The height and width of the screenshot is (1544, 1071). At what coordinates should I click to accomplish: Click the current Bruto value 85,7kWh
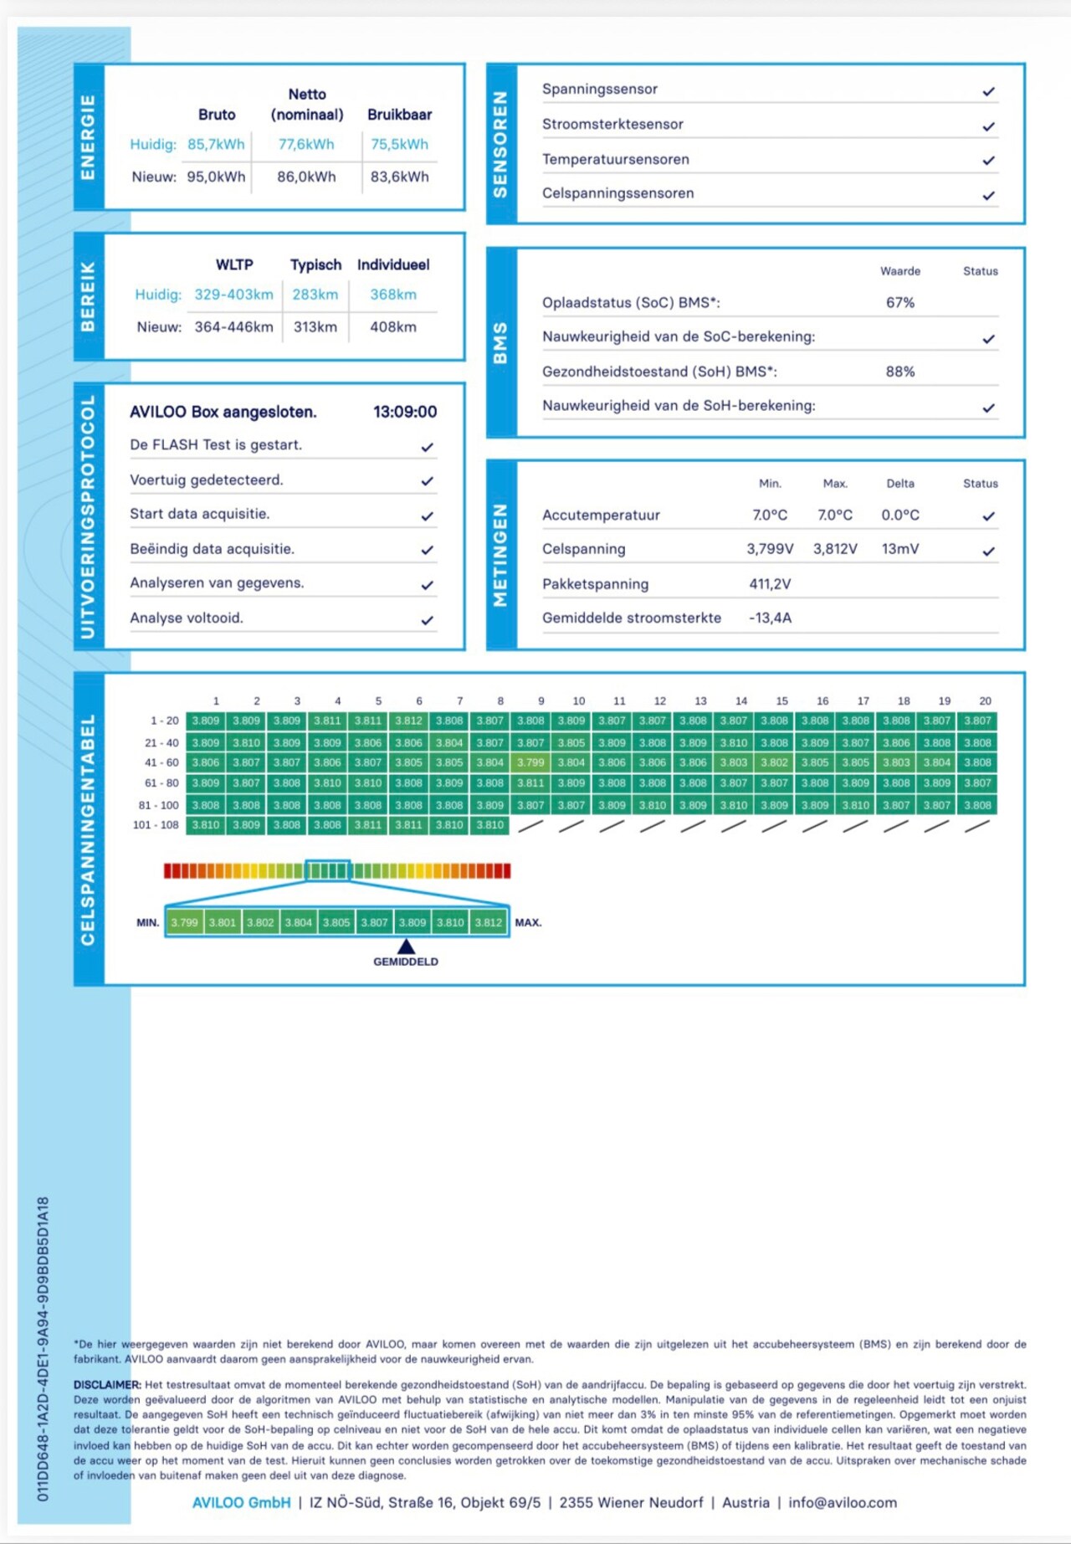point(216,144)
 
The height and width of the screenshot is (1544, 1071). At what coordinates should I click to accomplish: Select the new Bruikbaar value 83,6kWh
point(399,177)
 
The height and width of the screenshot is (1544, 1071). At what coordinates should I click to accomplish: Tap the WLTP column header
point(234,264)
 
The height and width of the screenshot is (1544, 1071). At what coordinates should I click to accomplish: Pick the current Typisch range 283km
point(315,295)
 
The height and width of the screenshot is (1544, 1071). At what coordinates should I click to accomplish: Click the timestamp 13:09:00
point(405,412)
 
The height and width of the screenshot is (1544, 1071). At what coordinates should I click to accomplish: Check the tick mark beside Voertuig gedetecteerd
point(427,481)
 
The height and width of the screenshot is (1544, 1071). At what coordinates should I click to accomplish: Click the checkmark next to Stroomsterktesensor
point(988,126)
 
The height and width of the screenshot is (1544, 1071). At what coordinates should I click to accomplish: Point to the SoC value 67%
point(900,302)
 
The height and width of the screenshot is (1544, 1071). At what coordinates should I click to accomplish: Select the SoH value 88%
point(900,372)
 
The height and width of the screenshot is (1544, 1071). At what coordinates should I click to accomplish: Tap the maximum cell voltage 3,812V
point(835,549)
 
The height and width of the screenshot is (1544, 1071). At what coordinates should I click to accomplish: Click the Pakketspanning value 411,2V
point(770,584)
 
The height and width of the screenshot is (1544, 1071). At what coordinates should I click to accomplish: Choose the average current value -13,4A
point(770,618)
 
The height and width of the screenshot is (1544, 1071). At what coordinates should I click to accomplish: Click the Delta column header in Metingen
point(900,484)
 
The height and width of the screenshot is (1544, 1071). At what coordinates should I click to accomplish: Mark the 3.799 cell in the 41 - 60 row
point(530,762)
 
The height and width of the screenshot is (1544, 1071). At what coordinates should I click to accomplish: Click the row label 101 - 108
point(156,825)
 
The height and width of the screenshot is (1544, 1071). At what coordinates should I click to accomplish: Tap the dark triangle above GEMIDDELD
point(406,946)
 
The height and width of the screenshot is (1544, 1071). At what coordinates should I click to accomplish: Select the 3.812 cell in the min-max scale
point(489,922)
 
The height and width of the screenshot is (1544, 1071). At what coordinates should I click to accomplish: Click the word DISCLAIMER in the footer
point(107,1385)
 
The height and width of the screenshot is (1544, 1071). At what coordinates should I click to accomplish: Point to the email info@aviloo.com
point(842,1502)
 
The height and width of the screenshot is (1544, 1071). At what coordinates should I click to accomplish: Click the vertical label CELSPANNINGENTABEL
point(88,829)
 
